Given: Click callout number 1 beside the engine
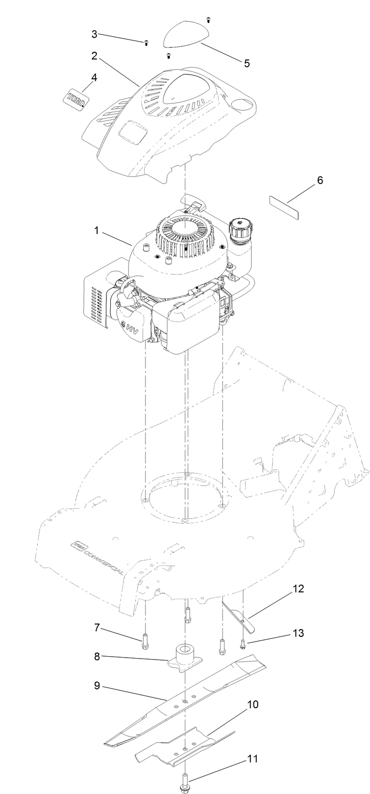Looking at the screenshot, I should point(96,231).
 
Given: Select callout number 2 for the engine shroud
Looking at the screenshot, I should point(95,56).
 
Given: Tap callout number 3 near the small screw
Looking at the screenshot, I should point(95,34).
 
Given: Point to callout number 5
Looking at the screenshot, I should point(247,63).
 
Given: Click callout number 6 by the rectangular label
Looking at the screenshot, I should point(320,180).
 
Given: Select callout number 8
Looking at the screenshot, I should point(97,656).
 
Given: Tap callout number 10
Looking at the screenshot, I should point(252,705).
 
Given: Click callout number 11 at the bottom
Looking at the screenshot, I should point(252,759).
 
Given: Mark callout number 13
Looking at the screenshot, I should point(298,633).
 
